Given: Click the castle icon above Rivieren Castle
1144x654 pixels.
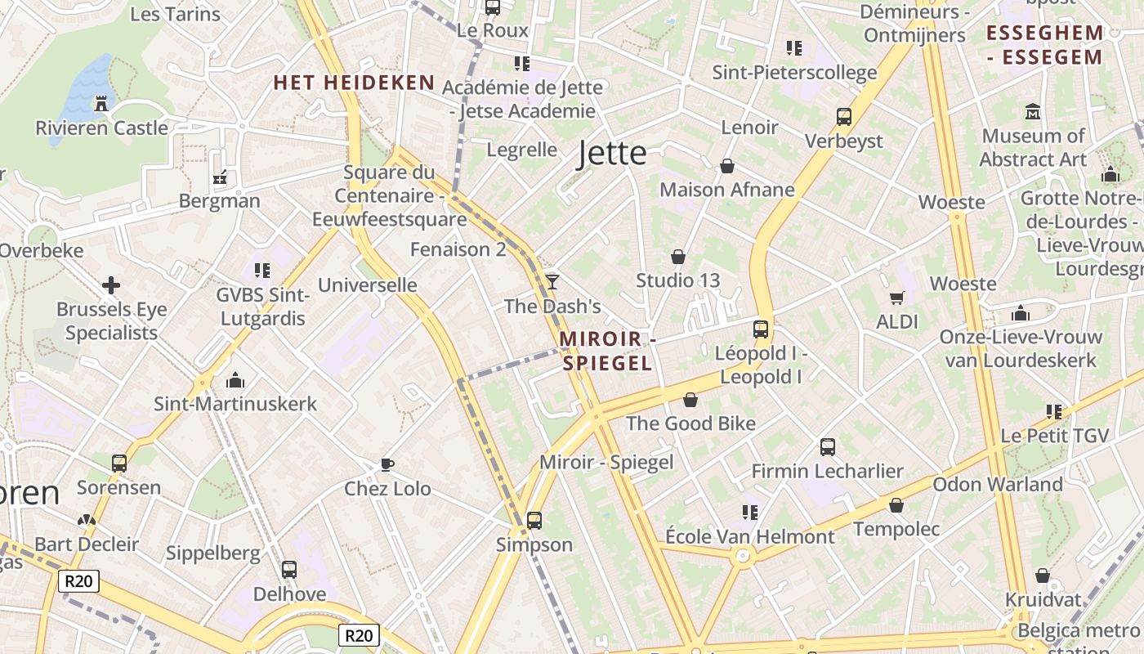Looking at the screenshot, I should tap(101, 103).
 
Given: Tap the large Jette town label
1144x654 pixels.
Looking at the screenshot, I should tap(612, 154).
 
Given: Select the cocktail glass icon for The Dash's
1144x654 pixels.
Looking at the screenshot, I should tap(552, 281).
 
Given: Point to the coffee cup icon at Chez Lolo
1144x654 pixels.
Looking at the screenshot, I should tap(387, 464).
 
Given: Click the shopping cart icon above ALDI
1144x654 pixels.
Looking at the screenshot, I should tap(897, 298).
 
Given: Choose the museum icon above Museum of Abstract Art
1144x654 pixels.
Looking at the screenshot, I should tap(1033, 111).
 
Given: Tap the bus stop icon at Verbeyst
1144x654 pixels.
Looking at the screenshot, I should tap(844, 117).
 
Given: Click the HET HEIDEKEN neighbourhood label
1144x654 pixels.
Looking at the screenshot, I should tap(354, 83).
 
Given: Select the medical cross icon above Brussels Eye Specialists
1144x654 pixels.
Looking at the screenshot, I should tap(111, 285).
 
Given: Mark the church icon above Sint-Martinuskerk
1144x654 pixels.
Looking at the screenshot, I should tap(235, 379).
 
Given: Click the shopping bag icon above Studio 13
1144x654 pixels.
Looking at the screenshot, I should tap(677, 257).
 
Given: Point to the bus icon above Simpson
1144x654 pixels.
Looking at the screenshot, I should tap(534, 520).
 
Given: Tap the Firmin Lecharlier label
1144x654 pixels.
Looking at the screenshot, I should tap(827, 472).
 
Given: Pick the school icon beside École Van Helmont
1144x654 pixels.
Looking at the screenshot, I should tap(750, 513).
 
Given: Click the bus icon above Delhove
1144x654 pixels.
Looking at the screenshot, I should tap(289, 570).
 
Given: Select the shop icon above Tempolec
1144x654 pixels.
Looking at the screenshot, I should tap(896, 505).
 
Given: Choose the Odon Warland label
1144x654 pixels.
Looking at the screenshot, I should tap(998, 484).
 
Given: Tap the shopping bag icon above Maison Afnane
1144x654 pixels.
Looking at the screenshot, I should tap(727, 166).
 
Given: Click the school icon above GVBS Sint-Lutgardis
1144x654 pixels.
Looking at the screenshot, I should tap(261, 270).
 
